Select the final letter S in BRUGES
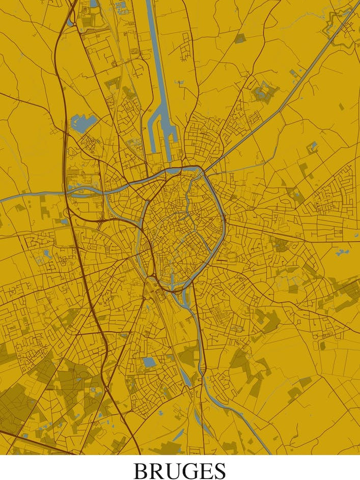point(219,470)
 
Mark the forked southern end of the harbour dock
point(161,137)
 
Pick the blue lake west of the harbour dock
point(84,122)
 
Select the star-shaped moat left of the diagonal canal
point(263,92)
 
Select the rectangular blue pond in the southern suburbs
point(149,362)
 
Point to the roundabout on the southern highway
point(106,389)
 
